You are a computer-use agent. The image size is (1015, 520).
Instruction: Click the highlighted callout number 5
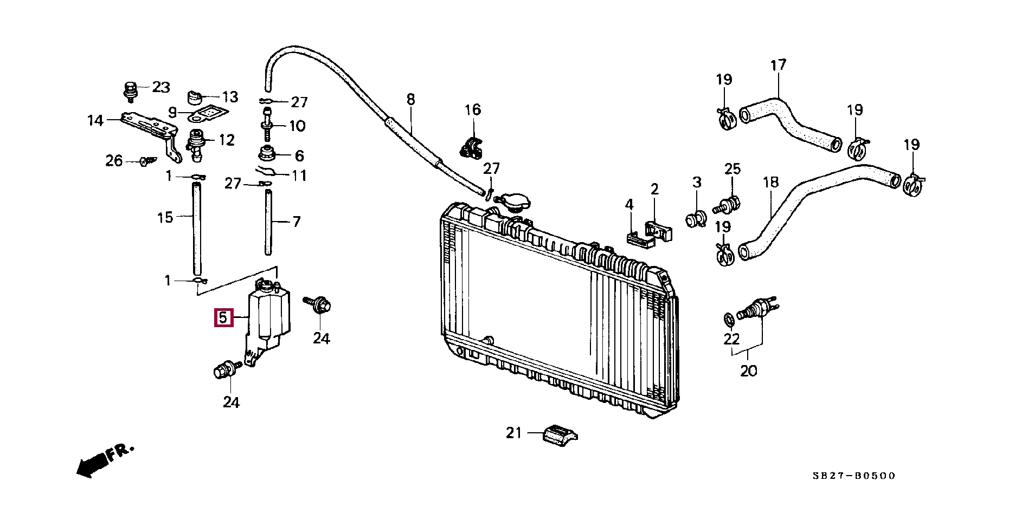tap(223, 318)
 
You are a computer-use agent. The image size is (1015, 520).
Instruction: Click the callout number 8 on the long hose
tap(410, 100)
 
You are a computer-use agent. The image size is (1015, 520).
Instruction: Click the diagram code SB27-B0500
tap(853, 476)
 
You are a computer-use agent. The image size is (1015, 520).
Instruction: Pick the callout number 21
tap(513, 433)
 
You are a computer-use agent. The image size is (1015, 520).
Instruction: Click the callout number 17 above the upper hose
tap(778, 65)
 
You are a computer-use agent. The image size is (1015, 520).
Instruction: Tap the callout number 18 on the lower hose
tap(770, 182)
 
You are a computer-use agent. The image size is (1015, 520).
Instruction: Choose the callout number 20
tap(748, 371)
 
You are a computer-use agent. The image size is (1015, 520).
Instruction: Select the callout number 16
tap(472, 110)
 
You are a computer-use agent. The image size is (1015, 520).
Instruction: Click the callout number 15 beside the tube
tap(165, 218)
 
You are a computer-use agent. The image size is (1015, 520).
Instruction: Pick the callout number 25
tap(732, 169)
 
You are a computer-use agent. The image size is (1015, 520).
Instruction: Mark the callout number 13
tap(230, 97)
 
